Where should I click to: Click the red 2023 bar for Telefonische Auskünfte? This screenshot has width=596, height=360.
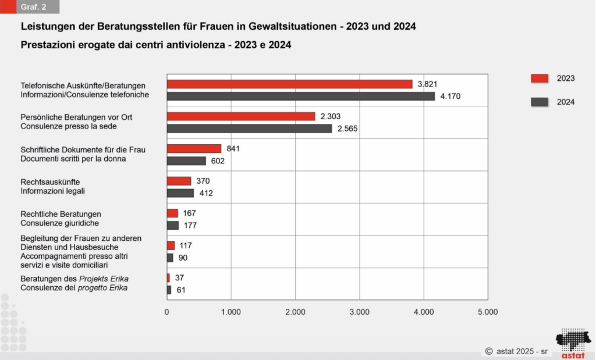(290, 84)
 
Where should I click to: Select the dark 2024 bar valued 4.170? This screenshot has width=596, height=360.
(301, 97)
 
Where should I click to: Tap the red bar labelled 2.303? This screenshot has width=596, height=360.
(241, 116)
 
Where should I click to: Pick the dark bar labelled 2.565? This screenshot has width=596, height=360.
(250, 129)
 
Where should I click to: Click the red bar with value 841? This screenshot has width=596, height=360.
(194, 148)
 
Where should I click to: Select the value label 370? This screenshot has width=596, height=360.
(203, 181)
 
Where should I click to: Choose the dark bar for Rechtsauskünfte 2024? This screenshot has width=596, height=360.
(180, 193)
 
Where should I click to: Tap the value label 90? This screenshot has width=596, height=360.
(183, 258)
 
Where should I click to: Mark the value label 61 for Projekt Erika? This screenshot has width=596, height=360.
(181, 290)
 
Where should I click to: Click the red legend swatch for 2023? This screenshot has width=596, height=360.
(540, 79)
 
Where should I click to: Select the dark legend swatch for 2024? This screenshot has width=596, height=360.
(540, 102)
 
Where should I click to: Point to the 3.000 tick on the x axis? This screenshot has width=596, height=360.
(359, 312)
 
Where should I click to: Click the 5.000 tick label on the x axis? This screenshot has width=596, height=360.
(487, 312)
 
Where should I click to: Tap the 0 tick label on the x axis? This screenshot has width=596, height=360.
(167, 312)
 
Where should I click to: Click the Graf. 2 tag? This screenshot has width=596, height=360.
(33, 7)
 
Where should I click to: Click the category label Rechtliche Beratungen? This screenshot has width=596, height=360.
(61, 214)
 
